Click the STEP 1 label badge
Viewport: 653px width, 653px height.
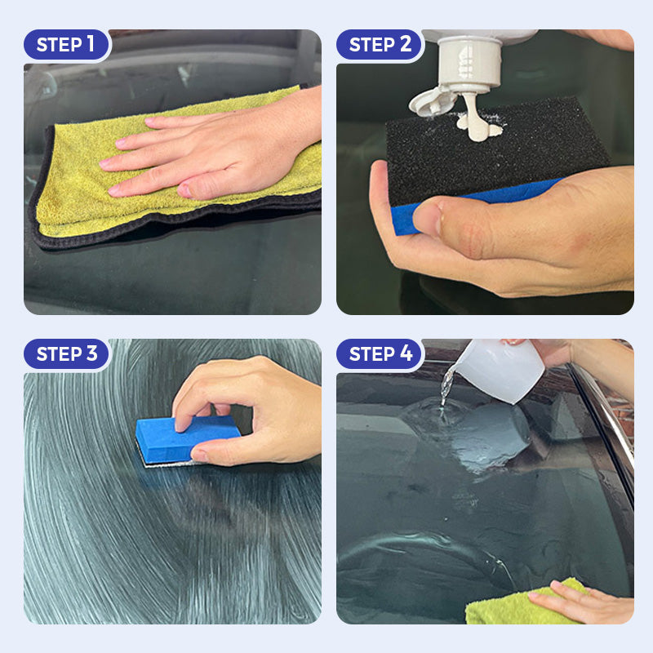pyautogui.click(x=67, y=44)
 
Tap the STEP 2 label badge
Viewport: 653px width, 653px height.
pyautogui.click(x=380, y=44)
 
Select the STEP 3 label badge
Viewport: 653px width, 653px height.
pyautogui.click(x=67, y=353)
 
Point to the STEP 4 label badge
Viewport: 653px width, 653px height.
pyautogui.click(x=380, y=353)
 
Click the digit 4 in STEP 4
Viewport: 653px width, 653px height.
pyautogui.click(x=406, y=353)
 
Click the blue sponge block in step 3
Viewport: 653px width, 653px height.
pyautogui.click(x=188, y=439)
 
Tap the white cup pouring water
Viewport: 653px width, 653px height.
pyautogui.click(x=501, y=370)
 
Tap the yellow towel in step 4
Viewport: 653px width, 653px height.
pyautogui.click(x=525, y=604)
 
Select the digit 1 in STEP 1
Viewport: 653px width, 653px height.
pyautogui.click(x=91, y=44)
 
